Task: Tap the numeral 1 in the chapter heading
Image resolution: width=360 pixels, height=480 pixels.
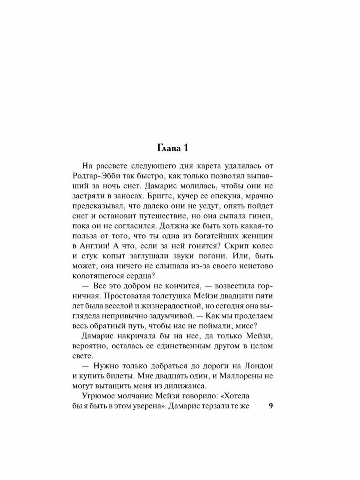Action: click(186, 148)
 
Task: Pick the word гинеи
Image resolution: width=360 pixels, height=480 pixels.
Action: click(260, 216)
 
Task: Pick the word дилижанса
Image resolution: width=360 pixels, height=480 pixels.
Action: click(185, 386)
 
